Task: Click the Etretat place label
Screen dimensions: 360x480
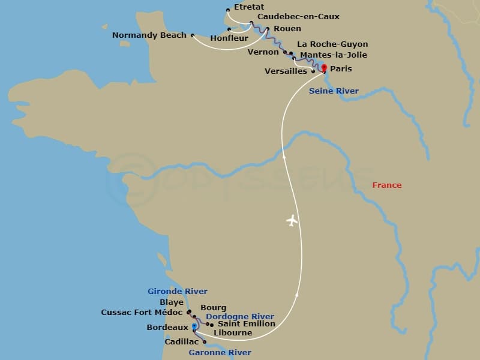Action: click(x=249, y=8)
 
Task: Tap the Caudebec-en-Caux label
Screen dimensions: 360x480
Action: click(x=298, y=17)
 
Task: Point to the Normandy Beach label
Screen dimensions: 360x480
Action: click(x=149, y=36)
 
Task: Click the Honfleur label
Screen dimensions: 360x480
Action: click(x=229, y=39)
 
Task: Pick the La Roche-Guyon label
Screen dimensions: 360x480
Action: click(x=332, y=44)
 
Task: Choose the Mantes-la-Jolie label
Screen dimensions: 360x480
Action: click(x=333, y=55)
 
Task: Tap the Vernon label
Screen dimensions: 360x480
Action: click(x=263, y=52)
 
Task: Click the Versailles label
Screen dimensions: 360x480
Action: click(x=286, y=71)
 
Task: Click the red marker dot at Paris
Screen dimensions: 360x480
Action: click(x=324, y=68)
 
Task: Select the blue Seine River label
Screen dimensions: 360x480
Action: click(x=334, y=91)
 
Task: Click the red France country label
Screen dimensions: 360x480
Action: click(x=386, y=185)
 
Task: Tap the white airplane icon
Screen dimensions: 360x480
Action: click(x=292, y=221)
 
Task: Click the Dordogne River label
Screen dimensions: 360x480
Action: click(x=240, y=317)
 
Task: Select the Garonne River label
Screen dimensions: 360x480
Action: click(x=220, y=353)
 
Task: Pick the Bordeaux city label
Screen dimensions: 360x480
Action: click(x=167, y=328)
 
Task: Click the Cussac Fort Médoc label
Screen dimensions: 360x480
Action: click(x=142, y=313)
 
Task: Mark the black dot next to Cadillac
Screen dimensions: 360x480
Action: click(x=205, y=343)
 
